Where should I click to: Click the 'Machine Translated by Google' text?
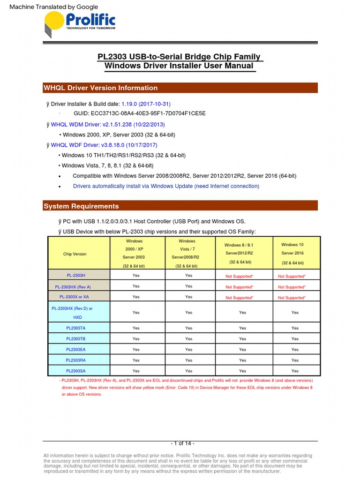coord(53,7)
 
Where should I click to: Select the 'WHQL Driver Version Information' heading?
coord(100,88)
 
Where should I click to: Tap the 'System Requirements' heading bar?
coord(81,206)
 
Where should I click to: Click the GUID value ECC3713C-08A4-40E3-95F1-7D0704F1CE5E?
coord(140,113)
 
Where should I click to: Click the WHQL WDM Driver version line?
coord(108,125)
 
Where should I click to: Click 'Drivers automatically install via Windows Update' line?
coord(166,186)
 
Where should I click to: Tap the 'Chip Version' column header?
coord(75,254)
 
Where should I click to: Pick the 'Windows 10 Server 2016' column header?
coord(292,254)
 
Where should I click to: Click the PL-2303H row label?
coord(75,276)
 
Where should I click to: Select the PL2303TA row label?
coord(75,328)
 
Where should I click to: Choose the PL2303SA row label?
coord(75,371)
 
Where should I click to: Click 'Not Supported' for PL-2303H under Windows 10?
coord(292,276)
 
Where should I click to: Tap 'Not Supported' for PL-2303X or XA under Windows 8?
coord(239,297)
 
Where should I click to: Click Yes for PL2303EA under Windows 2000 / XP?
coord(136,349)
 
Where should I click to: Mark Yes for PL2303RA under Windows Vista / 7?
coord(188,360)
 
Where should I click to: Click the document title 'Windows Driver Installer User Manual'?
coord(179,66)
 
